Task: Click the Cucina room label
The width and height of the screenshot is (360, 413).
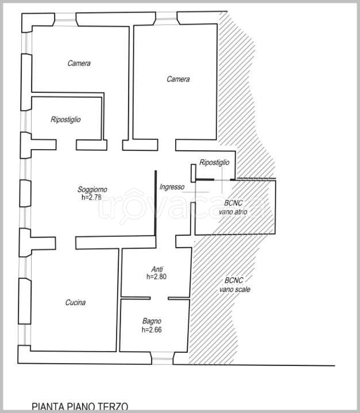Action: [75, 303]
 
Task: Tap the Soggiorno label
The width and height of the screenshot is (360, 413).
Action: [92, 189]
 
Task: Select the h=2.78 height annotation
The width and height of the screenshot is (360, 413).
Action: [91, 197]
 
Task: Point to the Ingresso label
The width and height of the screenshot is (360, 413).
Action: [172, 187]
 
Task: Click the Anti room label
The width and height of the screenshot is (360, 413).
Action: [157, 269]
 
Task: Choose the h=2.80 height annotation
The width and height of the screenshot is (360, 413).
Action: [156, 276]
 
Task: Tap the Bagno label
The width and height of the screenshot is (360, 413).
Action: [152, 321]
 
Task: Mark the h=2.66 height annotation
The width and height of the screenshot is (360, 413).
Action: [152, 330]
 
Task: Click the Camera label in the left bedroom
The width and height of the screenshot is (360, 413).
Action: [79, 63]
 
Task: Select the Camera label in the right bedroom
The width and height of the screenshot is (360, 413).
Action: [178, 79]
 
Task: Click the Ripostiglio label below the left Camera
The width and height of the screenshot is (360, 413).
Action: [65, 119]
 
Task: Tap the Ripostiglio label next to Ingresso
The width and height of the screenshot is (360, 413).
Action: [214, 162]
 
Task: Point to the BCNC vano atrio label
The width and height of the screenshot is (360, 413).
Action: [233, 208]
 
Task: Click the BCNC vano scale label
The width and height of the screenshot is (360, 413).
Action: [235, 285]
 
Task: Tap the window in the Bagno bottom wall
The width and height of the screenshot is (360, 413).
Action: [162, 359]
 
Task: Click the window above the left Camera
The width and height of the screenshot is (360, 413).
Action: [65, 20]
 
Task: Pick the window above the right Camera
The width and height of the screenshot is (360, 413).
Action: [167, 19]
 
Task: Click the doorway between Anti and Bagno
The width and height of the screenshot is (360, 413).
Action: [159, 298]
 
